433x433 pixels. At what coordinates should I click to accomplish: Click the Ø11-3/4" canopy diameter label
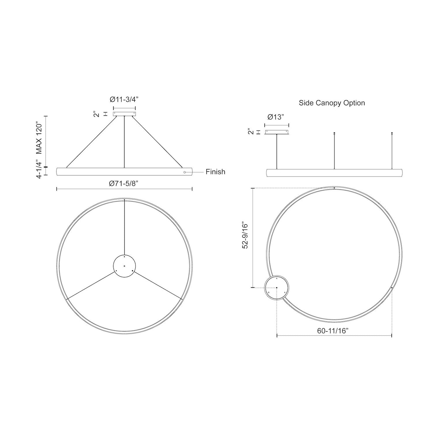[x=124, y=99]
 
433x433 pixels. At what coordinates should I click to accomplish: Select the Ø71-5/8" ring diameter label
[x=124, y=183]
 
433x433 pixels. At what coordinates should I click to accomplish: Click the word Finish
[x=215, y=172]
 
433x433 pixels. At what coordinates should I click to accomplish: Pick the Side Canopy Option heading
[x=332, y=103]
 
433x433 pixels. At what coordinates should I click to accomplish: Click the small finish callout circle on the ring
[x=185, y=172]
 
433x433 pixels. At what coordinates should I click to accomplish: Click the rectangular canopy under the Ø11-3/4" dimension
[x=124, y=114]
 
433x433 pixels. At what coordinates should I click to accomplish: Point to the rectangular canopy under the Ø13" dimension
[x=277, y=132]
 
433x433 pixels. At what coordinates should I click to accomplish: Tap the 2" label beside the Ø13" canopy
[x=251, y=132]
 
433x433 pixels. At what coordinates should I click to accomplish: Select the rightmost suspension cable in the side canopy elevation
[x=392, y=151]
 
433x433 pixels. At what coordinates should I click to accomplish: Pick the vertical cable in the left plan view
[x=124, y=228]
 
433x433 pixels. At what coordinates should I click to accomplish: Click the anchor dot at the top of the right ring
[x=334, y=188]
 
